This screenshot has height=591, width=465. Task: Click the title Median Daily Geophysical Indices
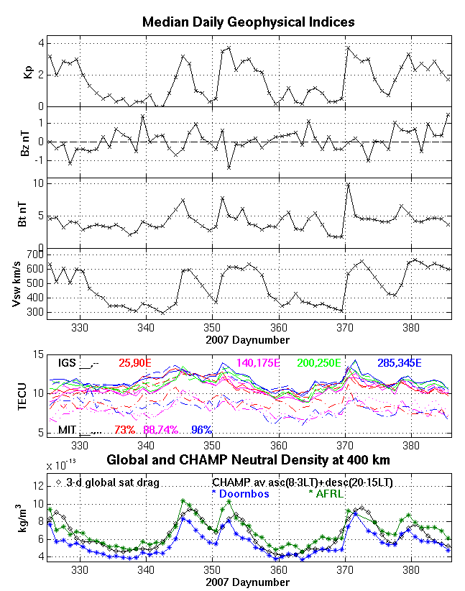pyautogui.click(x=248, y=22)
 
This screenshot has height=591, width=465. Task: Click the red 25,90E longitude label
pyautogui.click(x=135, y=362)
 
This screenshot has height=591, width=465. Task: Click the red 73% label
pyautogui.click(x=126, y=430)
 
